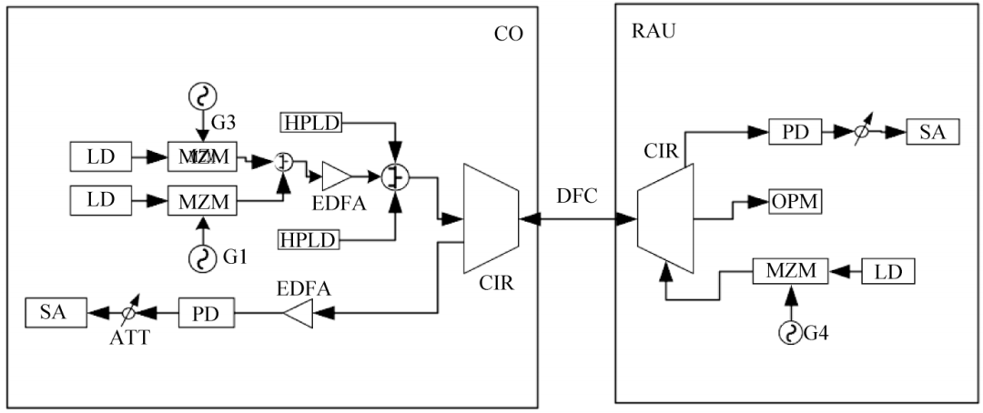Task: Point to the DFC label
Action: (578, 196)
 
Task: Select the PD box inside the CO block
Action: (206, 315)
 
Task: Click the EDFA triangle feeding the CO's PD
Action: (298, 315)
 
